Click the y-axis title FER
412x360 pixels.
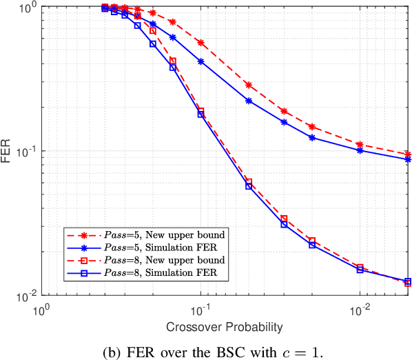pos(8,151)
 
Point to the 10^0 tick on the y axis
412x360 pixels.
pos(27,7)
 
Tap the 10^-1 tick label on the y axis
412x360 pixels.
pos(27,152)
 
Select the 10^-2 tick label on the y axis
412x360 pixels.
pos(27,297)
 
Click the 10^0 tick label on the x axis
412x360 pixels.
pos(43,308)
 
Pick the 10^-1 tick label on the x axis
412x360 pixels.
pos(200,308)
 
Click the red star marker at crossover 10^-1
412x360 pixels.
pos(201,43)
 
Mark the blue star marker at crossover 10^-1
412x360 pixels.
pos(201,61)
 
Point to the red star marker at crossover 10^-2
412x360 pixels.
pos(360,144)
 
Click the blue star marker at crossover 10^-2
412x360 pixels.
pos(360,150)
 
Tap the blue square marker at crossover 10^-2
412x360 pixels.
pos(360,270)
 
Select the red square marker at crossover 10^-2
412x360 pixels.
pos(360,266)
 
